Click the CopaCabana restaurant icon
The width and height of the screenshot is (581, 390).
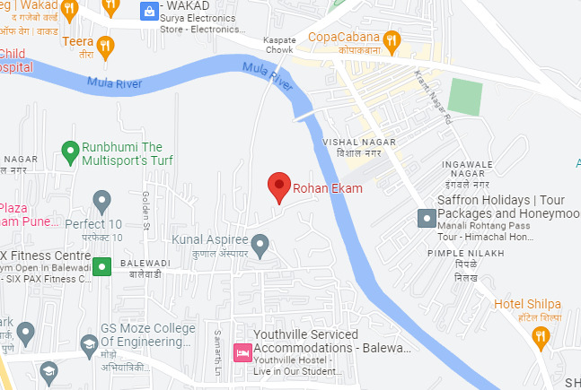pos(391,40)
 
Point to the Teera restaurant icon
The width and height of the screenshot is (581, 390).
pos(106,45)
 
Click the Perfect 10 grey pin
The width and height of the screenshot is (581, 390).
pos(101,200)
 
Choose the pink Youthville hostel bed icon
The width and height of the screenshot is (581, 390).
pos(242,352)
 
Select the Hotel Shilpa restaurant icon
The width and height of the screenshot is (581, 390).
pos(540,337)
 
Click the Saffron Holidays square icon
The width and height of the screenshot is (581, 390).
pos(426,218)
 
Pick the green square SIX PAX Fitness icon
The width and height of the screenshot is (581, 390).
pos(102,265)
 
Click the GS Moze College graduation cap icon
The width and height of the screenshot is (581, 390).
pos(89,343)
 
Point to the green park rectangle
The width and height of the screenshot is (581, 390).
pos(465,96)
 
